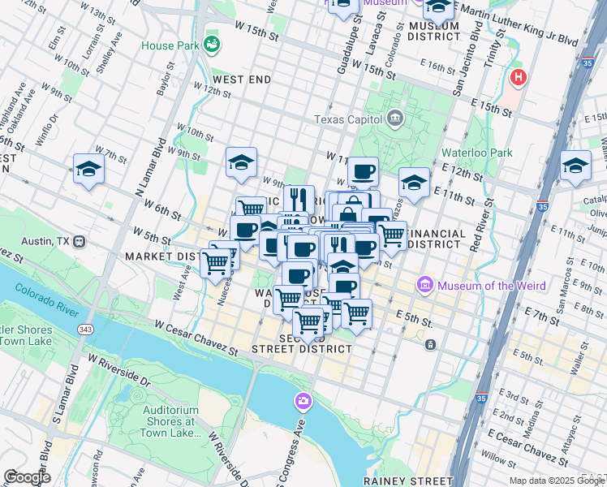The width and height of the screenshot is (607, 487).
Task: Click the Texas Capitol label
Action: (x=350, y=120)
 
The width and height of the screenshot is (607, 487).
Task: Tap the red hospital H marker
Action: (x=518, y=78)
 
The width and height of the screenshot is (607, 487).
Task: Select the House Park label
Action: (x=170, y=45)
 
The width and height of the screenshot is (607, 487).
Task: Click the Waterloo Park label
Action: (x=476, y=152)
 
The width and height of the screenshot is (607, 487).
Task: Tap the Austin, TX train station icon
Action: (x=80, y=241)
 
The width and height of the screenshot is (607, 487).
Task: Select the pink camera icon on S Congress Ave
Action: (x=303, y=401)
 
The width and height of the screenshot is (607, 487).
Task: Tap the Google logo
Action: (x=27, y=477)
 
